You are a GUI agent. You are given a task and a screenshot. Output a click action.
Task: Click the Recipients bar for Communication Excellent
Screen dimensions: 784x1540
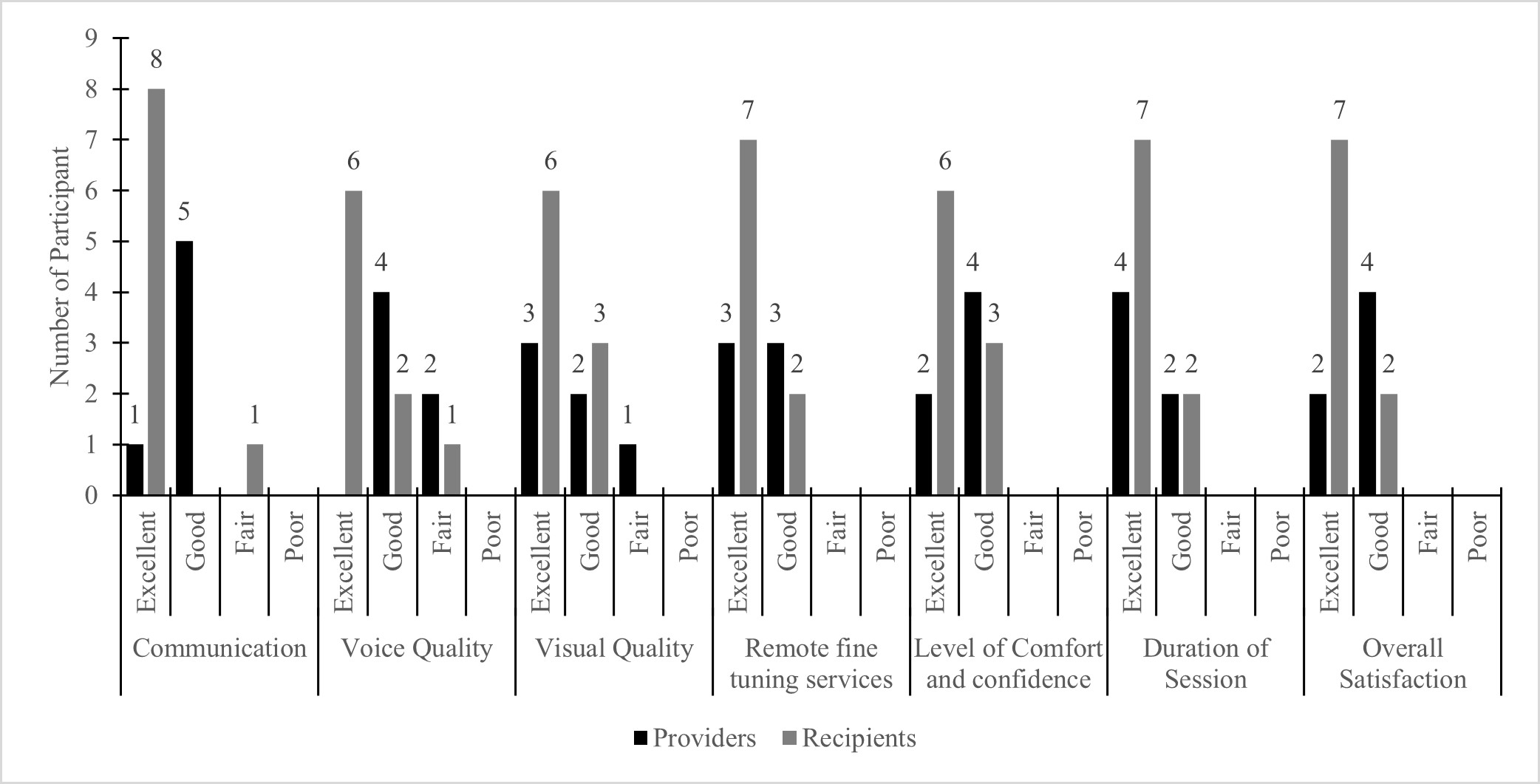pyautogui.click(x=156, y=292)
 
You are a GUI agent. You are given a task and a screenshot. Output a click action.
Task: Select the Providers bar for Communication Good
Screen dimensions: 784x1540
pyautogui.click(x=184, y=368)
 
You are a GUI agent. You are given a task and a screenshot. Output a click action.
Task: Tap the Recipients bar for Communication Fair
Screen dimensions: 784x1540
pyautogui.click(x=254, y=470)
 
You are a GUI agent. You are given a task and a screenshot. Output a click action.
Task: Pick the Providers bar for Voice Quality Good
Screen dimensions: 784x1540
pyautogui.click(x=381, y=393)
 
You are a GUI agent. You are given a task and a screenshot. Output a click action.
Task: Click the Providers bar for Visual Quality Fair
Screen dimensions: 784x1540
pyautogui.click(x=627, y=470)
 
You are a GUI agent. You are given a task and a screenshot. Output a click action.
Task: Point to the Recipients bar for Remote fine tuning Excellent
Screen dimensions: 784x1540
pyautogui.click(x=748, y=318)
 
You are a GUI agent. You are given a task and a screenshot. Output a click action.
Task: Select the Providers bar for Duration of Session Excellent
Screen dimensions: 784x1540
pyautogui.click(x=1120, y=393)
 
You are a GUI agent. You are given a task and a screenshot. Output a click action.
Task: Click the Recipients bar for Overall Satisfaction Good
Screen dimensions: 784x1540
pyautogui.click(x=1389, y=444)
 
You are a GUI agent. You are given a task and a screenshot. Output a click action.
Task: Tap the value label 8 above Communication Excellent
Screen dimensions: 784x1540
pyautogui.click(x=156, y=60)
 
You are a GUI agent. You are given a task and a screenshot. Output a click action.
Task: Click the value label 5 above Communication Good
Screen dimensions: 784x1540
pyautogui.click(x=184, y=212)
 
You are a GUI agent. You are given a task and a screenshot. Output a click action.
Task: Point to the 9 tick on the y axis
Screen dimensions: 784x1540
pyautogui.click(x=91, y=38)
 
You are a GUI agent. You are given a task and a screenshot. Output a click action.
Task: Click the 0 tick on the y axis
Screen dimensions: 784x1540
pyautogui.click(x=91, y=496)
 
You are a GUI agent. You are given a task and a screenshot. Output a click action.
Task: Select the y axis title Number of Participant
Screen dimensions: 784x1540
pyautogui.click(x=61, y=266)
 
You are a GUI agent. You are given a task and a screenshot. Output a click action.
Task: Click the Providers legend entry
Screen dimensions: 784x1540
pyautogui.click(x=695, y=738)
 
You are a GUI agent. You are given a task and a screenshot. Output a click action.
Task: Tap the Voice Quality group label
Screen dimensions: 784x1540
pyautogui.click(x=416, y=648)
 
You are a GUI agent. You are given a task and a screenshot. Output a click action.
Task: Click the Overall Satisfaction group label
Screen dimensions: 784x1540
pyautogui.click(x=1403, y=664)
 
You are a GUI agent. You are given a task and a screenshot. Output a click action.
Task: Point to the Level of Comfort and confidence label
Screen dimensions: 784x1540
pyautogui.click(x=1009, y=664)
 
